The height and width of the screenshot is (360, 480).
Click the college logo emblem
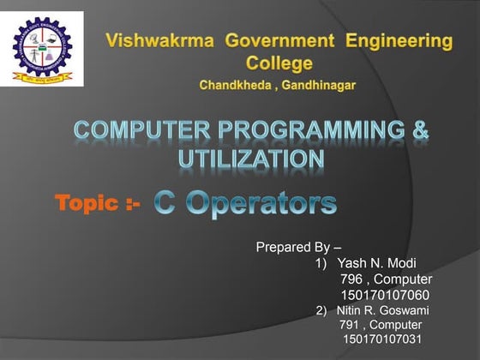(x=42, y=48)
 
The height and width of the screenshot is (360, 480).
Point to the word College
(x=279, y=63)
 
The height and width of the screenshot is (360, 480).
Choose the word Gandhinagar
(x=321, y=86)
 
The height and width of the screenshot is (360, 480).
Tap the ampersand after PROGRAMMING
(x=421, y=132)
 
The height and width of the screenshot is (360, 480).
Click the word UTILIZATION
(x=251, y=159)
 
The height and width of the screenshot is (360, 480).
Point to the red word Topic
(x=86, y=203)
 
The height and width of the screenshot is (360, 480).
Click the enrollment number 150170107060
(x=386, y=295)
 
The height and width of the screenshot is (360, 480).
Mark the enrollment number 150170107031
(x=382, y=340)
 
